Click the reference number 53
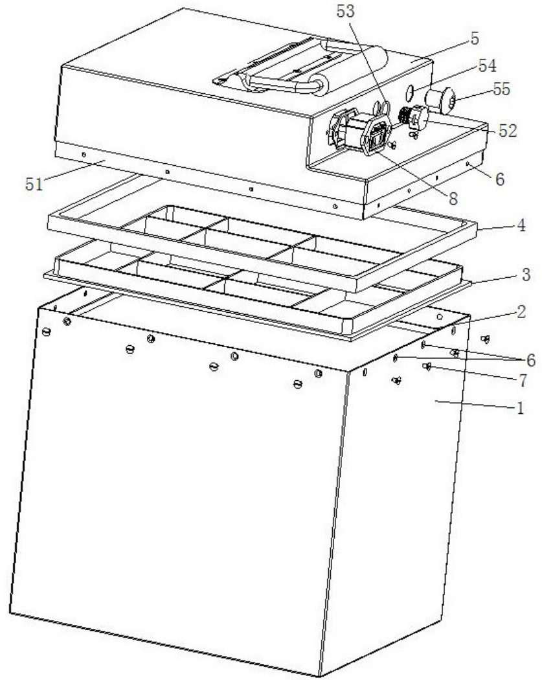(x=346, y=12)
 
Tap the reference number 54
(x=487, y=66)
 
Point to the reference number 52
(x=508, y=131)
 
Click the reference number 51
(x=34, y=185)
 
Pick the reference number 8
(x=453, y=199)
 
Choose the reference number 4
(x=521, y=225)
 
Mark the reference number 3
(x=526, y=275)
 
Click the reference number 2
(x=521, y=312)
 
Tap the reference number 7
(x=523, y=381)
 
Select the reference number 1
(x=520, y=408)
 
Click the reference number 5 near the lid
(x=475, y=39)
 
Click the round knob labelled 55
(x=440, y=100)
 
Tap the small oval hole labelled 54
(x=409, y=92)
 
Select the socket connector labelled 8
(x=375, y=136)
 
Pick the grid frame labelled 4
(x=262, y=248)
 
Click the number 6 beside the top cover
(x=500, y=179)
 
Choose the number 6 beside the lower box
(x=531, y=360)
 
